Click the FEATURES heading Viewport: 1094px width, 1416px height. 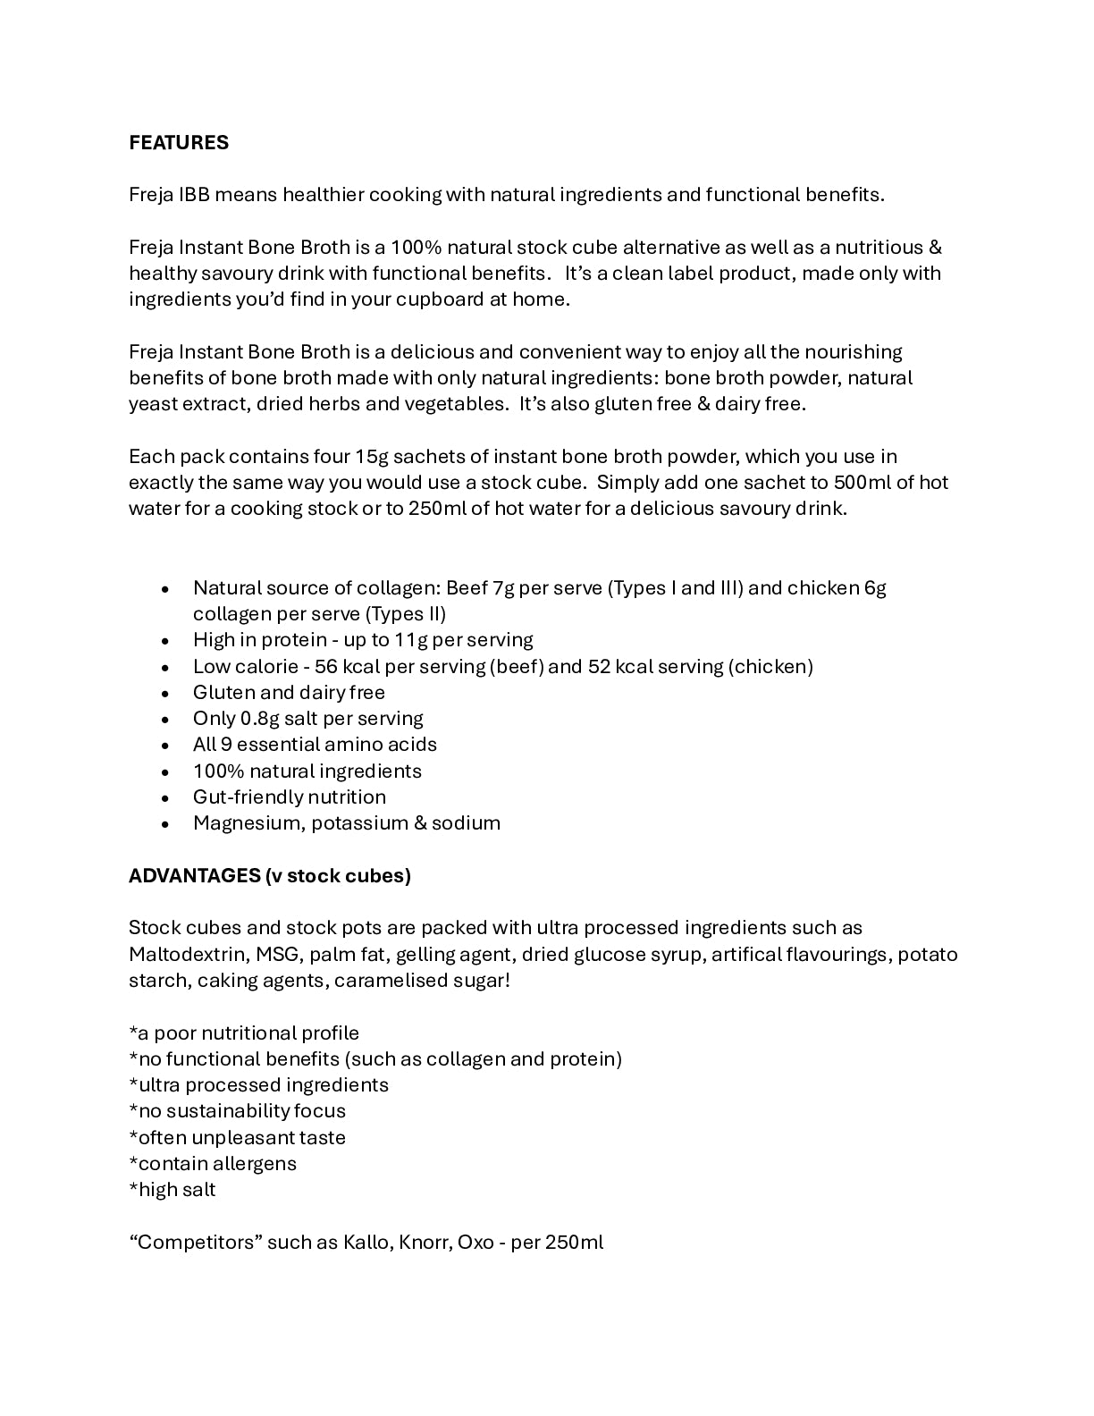click(179, 143)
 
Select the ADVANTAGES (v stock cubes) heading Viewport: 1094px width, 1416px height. click(270, 875)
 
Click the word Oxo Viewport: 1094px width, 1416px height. click(475, 1242)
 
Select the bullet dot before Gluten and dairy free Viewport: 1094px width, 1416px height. click(165, 693)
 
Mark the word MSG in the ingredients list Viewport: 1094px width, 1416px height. click(277, 954)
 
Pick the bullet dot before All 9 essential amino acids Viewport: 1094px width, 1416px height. click(165, 745)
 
